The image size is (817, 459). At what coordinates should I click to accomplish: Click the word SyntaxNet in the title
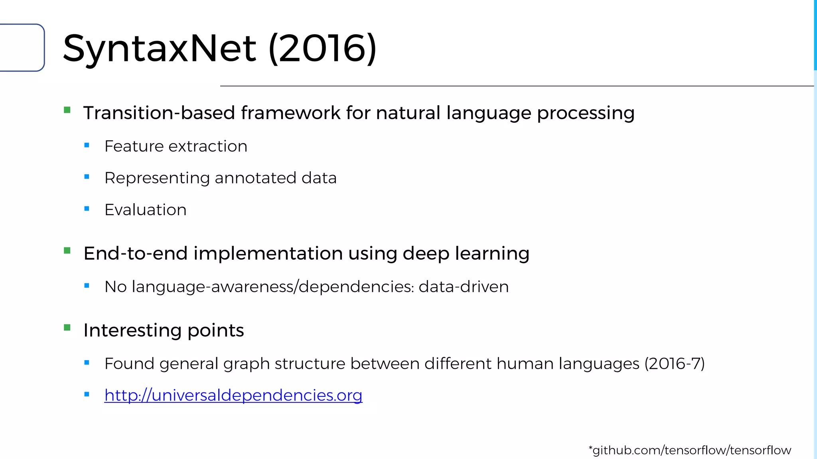click(x=160, y=49)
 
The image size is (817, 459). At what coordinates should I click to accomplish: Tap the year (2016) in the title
click(x=322, y=49)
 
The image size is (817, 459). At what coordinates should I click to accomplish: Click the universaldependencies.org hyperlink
click(x=233, y=395)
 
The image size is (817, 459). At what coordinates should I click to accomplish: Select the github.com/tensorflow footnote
click(x=690, y=450)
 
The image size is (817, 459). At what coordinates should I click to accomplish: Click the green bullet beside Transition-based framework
click(x=67, y=110)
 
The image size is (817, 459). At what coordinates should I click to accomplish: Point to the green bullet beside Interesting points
click(x=67, y=328)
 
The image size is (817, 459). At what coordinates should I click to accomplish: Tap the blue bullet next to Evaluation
click(x=87, y=208)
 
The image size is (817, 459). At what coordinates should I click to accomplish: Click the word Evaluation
click(x=145, y=210)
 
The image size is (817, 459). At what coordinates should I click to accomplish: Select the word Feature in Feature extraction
click(x=134, y=146)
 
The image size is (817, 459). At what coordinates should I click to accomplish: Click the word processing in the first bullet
click(x=585, y=113)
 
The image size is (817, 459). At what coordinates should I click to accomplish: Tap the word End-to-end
click(x=136, y=253)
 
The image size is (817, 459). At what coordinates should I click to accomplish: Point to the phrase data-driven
click(x=464, y=287)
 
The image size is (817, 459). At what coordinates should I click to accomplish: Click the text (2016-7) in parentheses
click(x=675, y=363)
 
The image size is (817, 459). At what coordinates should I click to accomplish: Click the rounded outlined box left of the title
click(x=22, y=47)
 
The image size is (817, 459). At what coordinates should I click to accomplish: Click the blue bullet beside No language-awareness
click(x=87, y=285)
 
